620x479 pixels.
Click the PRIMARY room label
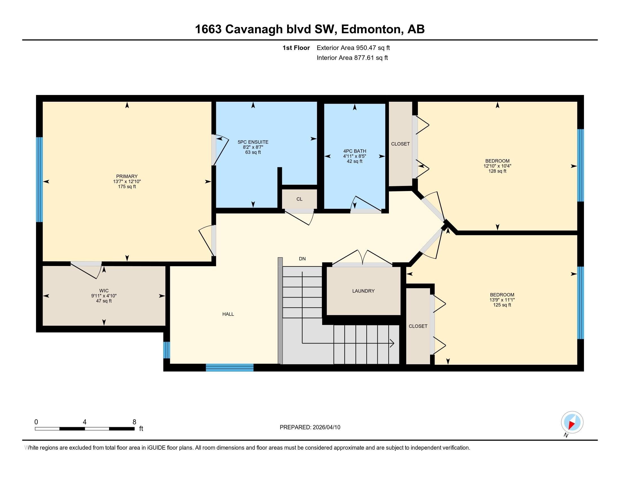[x=127, y=176]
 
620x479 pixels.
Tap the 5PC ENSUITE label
[x=253, y=142]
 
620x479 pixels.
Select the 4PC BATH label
[x=355, y=151]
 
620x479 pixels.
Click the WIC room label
[x=104, y=290]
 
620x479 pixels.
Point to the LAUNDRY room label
[x=363, y=291]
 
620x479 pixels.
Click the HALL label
[x=228, y=314]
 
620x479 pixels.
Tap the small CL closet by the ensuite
[x=299, y=199]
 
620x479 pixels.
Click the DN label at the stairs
[x=302, y=258]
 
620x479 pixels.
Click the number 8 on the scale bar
[x=134, y=422]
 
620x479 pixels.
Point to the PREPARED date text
[x=310, y=427]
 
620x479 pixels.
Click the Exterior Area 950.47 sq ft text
[x=353, y=48]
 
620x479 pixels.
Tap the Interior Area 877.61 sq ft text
[x=352, y=58]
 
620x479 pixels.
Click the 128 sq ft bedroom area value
[x=497, y=171]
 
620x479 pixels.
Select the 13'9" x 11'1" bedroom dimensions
[x=502, y=300]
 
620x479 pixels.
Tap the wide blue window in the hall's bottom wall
[x=229, y=367]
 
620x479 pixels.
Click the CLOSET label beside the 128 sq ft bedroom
[x=400, y=144]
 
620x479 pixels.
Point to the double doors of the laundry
[x=362, y=258]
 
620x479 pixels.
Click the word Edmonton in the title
[x=372, y=29]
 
